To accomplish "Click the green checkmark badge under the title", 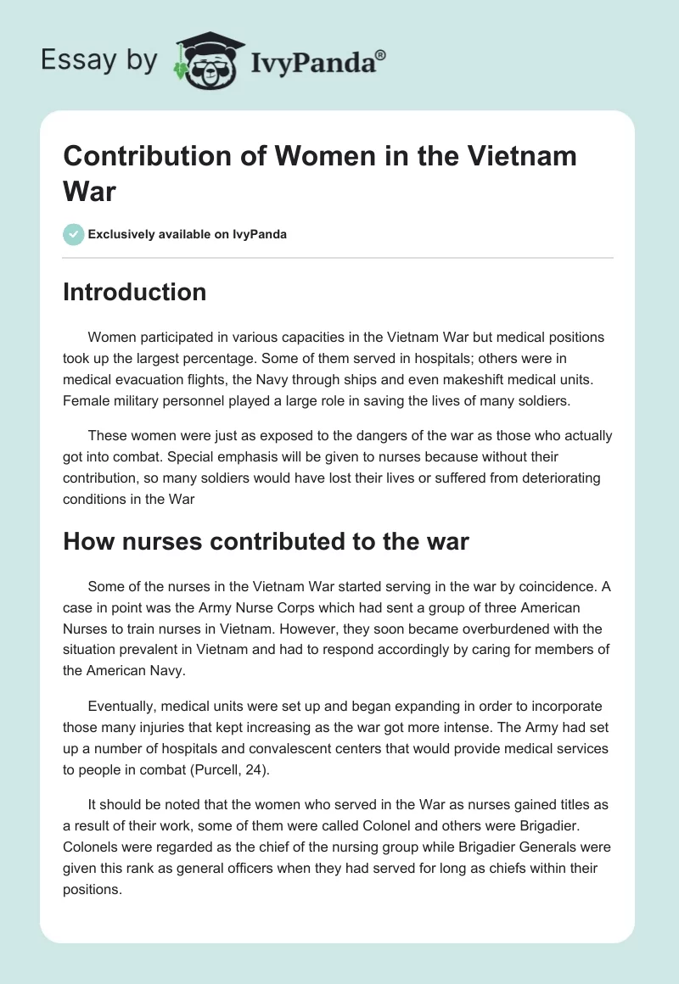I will (x=74, y=234).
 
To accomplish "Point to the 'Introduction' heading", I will (x=135, y=292).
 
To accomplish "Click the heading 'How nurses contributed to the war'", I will (x=266, y=541).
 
